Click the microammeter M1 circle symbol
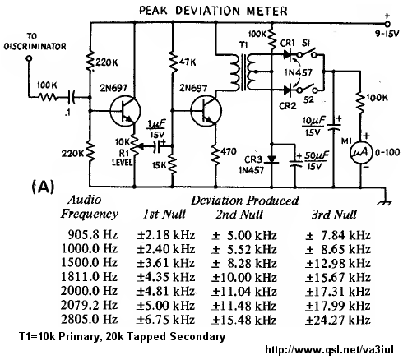click(x=361, y=153)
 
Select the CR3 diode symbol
click(x=271, y=159)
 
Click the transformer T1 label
click(x=243, y=45)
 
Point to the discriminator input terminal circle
click(x=29, y=58)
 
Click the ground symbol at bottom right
click(x=385, y=202)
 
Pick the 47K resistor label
click(x=188, y=62)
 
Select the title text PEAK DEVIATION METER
click(x=213, y=11)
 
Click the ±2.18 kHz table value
click(x=166, y=235)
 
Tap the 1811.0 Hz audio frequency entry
click(x=89, y=277)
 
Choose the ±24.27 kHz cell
click(x=338, y=320)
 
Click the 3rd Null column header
click(x=334, y=215)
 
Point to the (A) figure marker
click(x=44, y=187)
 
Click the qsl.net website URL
click(x=329, y=349)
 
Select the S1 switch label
click(x=306, y=44)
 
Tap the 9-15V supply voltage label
click(x=387, y=34)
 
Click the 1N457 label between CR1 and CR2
click(x=299, y=72)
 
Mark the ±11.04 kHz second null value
click(x=244, y=291)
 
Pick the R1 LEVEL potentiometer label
click(x=123, y=158)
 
